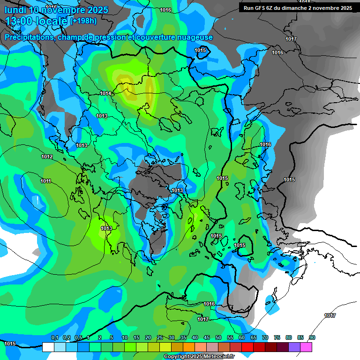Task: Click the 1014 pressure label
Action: pyautogui.click(x=105, y=94)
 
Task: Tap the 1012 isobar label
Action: pyautogui.click(x=47, y=157)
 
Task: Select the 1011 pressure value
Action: pyautogui.click(x=45, y=181)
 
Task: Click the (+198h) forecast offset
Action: pyautogui.click(x=83, y=21)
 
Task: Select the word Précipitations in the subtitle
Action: pyautogui.click(x=28, y=37)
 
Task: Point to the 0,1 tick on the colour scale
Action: pyautogui.click(x=54, y=337)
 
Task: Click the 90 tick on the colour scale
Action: pyautogui.click(x=312, y=337)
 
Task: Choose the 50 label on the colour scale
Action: pyautogui.click(x=218, y=337)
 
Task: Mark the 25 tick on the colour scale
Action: pyautogui.click(x=160, y=337)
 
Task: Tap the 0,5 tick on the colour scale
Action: pyautogui.click(x=78, y=337)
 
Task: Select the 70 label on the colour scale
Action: pyautogui.click(x=265, y=337)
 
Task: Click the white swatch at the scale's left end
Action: pyautogui.click(x=48, y=347)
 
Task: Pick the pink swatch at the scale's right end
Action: pyautogui.click(x=306, y=347)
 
